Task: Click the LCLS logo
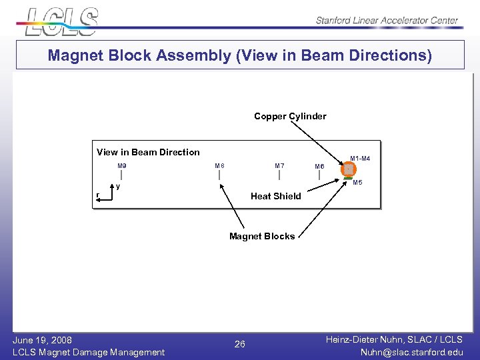61,21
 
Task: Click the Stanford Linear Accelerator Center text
387,21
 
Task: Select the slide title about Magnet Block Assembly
239,55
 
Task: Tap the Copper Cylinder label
290,116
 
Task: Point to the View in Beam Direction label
148,152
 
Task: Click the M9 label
122,165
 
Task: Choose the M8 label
219,165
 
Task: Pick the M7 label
279,165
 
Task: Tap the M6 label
319,167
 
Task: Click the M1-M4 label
360,159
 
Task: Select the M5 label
357,182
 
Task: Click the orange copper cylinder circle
348,170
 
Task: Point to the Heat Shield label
275,196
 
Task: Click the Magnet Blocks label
261,236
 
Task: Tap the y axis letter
118,187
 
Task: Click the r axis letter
97,195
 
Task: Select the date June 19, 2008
42,340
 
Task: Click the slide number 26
240,345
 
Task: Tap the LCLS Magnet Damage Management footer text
89,352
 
